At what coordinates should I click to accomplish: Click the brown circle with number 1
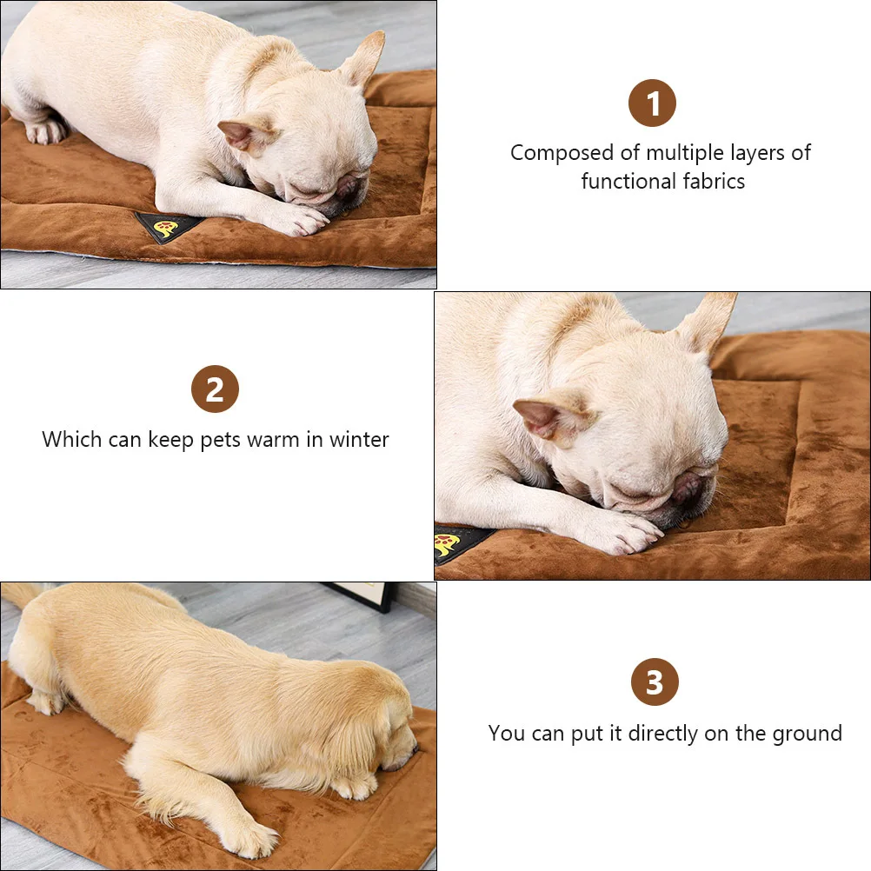[652, 104]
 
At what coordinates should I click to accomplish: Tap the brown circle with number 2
[215, 389]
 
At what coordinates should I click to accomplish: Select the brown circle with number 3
[655, 682]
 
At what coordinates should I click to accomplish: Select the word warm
[273, 440]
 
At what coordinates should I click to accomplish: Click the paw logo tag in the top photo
[165, 228]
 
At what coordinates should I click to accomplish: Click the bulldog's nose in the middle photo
[687, 488]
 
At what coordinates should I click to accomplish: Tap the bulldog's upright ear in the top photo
[363, 57]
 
